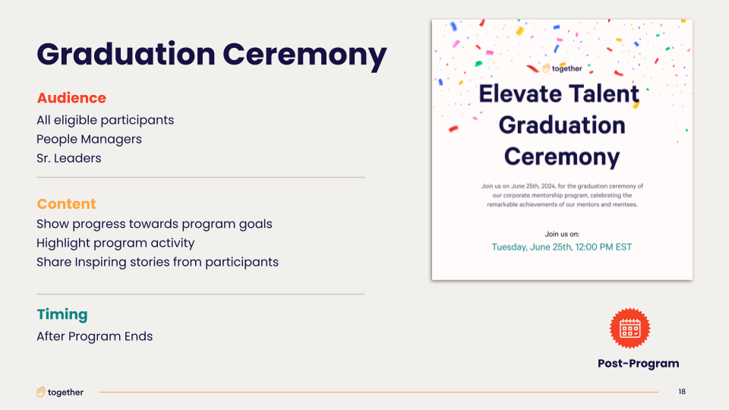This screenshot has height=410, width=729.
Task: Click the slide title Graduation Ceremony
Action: (x=212, y=55)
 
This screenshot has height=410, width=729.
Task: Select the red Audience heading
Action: (x=71, y=98)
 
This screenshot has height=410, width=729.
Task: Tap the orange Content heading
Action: (x=67, y=203)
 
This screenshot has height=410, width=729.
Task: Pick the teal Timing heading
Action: (x=62, y=314)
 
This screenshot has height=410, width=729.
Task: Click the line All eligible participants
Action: (x=105, y=121)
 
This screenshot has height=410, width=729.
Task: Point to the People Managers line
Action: (x=90, y=139)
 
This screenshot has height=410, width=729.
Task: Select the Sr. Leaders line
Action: (x=69, y=158)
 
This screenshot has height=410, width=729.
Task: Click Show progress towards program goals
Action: (x=154, y=224)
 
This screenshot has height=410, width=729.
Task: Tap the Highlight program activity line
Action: (x=115, y=243)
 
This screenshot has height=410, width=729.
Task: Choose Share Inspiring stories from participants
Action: (x=158, y=262)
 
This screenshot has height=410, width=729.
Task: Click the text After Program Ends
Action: (x=95, y=336)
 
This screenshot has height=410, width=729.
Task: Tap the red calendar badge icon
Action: (x=630, y=328)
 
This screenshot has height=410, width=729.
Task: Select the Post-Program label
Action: (x=639, y=363)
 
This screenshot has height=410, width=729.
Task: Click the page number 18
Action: (x=682, y=392)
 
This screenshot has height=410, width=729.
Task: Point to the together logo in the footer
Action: (x=60, y=393)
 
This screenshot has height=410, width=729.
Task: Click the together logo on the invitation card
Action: (x=562, y=68)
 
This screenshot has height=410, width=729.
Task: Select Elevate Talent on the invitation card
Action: (x=560, y=94)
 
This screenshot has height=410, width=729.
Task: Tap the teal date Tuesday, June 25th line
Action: (x=562, y=248)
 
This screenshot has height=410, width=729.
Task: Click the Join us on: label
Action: (x=562, y=235)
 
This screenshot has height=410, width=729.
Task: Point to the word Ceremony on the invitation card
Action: (x=562, y=156)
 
